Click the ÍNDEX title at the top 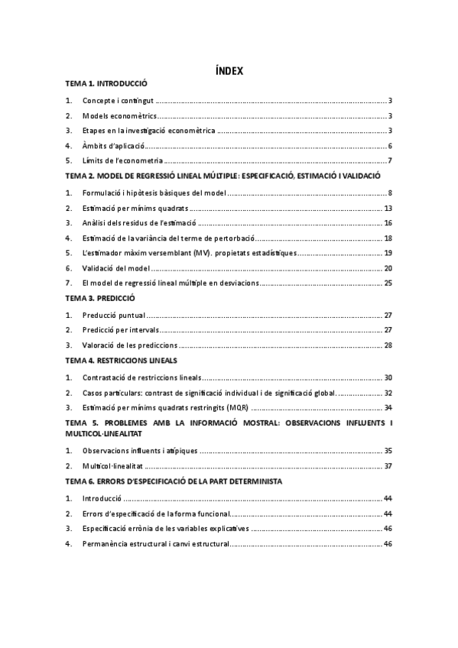[229, 71]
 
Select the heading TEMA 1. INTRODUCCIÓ [106, 84]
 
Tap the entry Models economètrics [119, 116]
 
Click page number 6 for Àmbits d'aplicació [389, 145]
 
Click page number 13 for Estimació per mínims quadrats [388, 208]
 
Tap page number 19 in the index [388, 253]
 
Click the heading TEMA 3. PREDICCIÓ [100, 299]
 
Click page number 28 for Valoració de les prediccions [388, 345]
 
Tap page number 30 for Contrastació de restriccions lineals [388, 377]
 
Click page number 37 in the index [388, 465]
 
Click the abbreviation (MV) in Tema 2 [201, 253]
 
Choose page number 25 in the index [388, 283]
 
